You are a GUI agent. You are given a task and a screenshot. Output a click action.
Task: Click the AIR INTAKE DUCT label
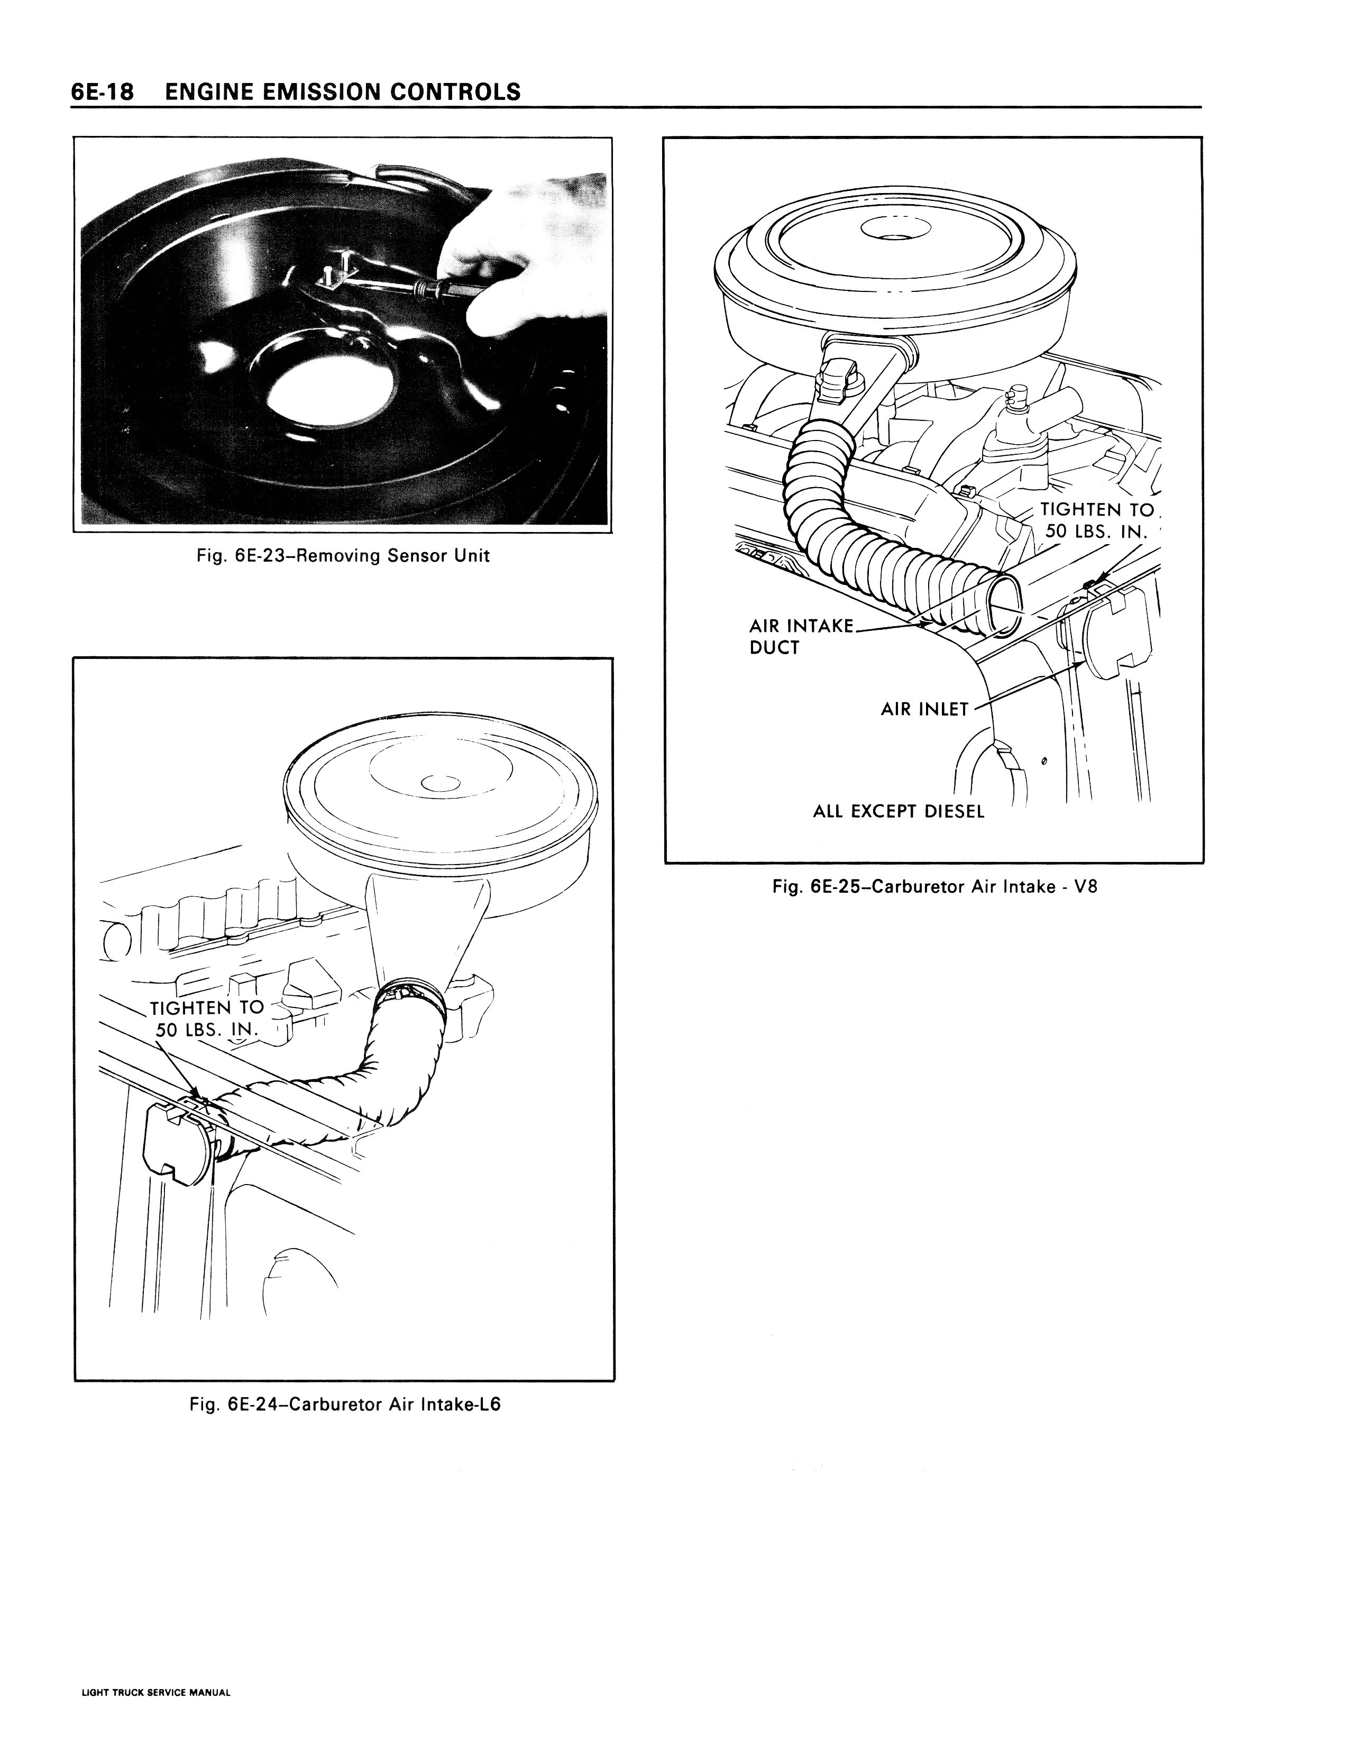tap(802, 636)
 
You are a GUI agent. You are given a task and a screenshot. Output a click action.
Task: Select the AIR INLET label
tap(924, 709)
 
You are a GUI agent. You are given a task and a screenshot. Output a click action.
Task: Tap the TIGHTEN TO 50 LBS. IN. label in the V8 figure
tap(1097, 520)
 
